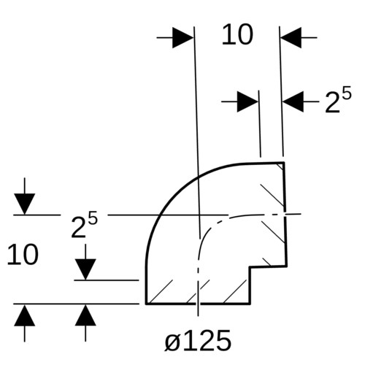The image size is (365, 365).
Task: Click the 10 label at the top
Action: pos(237,34)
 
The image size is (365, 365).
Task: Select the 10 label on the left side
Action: pos(23,255)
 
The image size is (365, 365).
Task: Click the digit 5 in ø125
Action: pos(222,340)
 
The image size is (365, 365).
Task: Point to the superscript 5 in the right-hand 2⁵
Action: pos(347,93)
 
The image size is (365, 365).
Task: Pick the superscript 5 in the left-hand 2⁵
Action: pos(93,218)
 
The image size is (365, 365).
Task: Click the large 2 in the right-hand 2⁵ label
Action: pos(332,103)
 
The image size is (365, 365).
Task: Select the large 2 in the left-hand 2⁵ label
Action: pos(78,228)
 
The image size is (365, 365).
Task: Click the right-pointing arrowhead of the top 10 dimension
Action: pos(183,38)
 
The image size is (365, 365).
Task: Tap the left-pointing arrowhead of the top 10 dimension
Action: pos(291,38)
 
